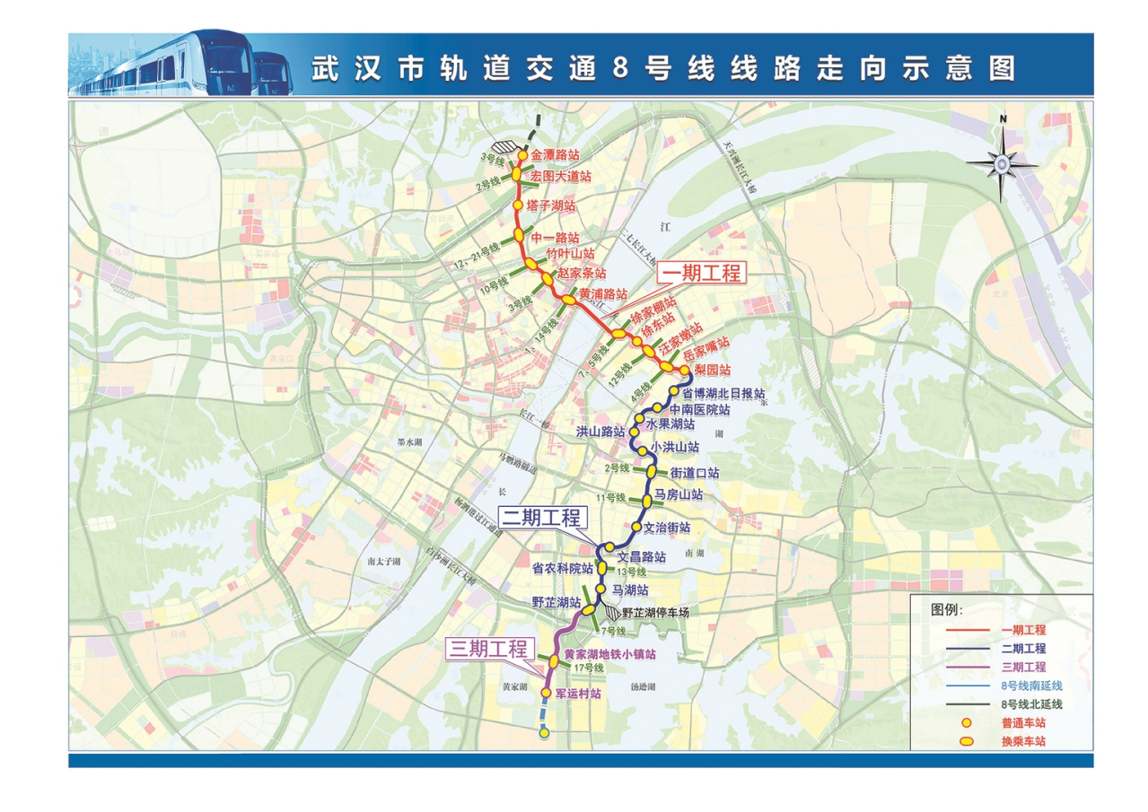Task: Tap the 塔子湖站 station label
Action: [550, 205]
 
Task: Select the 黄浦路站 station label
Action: [603, 293]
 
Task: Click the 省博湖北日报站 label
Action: [723, 393]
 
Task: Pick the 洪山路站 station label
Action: [600, 432]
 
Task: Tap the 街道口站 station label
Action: [694, 472]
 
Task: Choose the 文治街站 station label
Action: [666, 527]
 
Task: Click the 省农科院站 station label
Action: [562, 568]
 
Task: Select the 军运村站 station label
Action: [576, 693]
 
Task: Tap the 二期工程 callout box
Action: [543, 518]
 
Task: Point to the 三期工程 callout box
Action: [489, 650]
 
